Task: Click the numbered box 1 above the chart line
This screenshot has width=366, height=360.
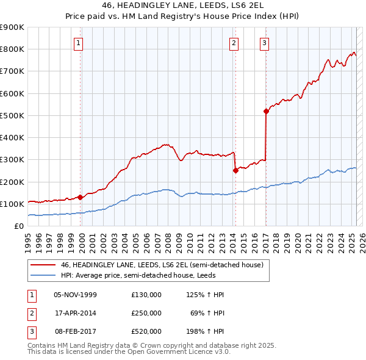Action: (x=80, y=43)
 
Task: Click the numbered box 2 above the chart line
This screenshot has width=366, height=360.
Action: (x=234, y=43)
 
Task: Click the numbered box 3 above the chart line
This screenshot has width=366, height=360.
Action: (x=265, y=43)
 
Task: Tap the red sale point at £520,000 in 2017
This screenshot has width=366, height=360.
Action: (x=266, y=111)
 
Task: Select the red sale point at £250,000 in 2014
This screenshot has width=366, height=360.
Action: (x=235, y=171)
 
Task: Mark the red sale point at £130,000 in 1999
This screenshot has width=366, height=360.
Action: (x=81, y=197)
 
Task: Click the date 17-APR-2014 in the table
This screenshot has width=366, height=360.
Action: (x=76, y=313)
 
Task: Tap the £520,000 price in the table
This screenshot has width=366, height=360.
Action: (x=146, y=331)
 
